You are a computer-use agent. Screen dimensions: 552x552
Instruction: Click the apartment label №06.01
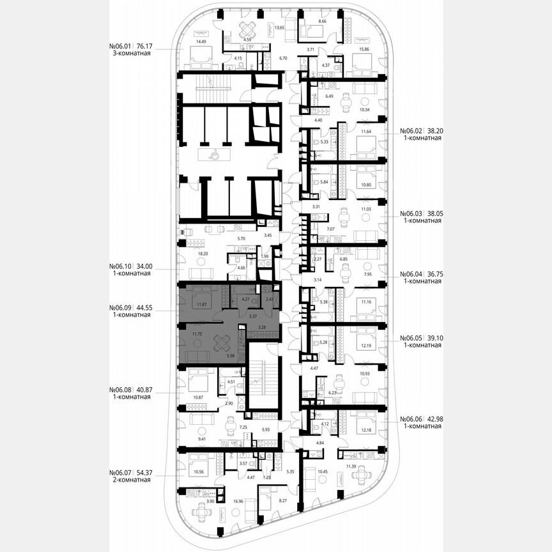121,46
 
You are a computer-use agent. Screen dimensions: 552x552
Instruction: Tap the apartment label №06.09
121,307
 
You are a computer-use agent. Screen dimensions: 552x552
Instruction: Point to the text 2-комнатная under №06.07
130,480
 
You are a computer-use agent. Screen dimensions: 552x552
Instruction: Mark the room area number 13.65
279,28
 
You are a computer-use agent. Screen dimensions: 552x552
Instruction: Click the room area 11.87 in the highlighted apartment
204,305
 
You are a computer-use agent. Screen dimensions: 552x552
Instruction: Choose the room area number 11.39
351,468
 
